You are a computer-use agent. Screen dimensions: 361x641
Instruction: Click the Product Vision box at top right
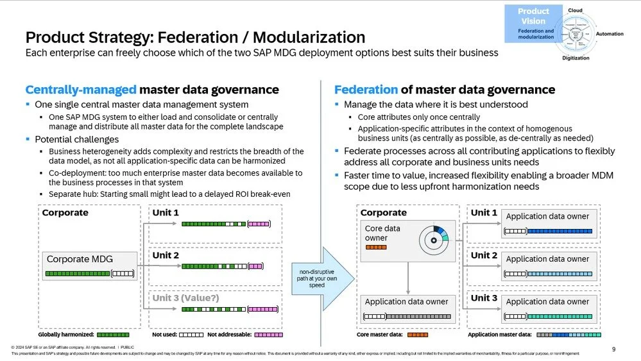(534, 24)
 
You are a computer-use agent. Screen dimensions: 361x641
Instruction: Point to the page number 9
(613, 349)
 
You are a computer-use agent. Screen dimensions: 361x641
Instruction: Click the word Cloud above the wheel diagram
(575, 10)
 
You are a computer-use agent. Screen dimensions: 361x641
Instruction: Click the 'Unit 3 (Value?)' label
(186, 298)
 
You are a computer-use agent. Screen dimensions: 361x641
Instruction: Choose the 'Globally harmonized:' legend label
(66, 335)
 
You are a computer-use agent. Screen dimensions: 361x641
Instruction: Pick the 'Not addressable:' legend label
(230, 335)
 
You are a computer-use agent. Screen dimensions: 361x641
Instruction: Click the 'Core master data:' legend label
(379, 335)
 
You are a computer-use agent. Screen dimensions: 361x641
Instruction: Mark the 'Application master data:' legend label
(500, 335)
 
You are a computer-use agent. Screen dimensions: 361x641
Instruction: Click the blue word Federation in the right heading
(366, 90)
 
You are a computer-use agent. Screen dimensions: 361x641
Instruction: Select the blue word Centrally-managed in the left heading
(80, 90)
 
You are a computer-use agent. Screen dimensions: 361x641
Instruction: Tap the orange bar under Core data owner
(375, 247)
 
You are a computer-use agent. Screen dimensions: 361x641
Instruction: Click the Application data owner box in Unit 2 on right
(547, 264)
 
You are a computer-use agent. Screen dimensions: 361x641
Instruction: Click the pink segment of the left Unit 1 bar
(258, 224)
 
